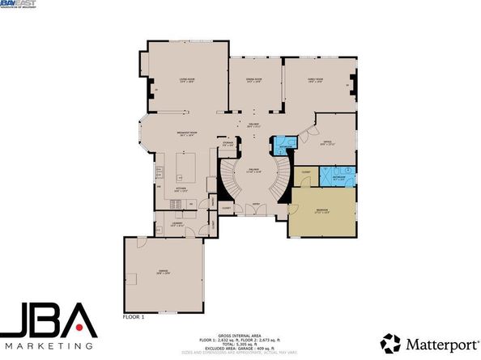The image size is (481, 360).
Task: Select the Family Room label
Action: pos(316,80)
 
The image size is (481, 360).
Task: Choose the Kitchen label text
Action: pos(181,190)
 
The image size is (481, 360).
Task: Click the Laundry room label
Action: pos(177,225)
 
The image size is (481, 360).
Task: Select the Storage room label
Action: pos(228,145)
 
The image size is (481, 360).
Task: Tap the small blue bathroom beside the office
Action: pos(283,145)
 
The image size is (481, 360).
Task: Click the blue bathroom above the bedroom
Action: pos(338,176)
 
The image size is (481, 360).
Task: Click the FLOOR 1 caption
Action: pos(133,316)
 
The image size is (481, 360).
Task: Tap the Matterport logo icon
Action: pos(390,342)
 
